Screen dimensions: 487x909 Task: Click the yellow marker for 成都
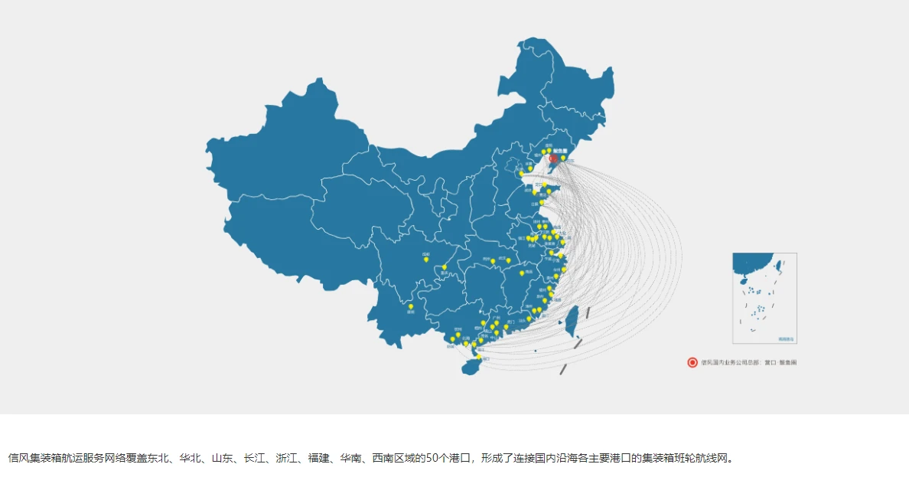click(x=426, y=260)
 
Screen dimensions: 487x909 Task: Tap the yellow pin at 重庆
click(x=444, y=267)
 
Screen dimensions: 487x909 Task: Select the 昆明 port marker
click(x=411, y=306)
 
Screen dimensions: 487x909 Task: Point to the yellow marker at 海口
click(x=479, y=357)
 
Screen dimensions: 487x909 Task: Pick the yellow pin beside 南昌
click(x=522, y=273)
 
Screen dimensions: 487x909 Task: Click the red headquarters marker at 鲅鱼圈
click(x=553, y=159)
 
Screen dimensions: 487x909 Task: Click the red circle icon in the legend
click(x=692, y=362)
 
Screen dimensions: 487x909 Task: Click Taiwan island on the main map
click(x=570, y=322)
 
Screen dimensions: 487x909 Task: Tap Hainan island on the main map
click(x=471, y=368)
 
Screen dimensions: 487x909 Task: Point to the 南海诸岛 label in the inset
click(x=786, y=338)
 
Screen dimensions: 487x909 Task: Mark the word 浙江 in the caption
click(x=285, y=459)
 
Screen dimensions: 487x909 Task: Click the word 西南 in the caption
click(x=382, y=459)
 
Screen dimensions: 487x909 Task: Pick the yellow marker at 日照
click(x=542, y=201)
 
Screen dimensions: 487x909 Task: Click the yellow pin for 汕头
click(x=528, y=318)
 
